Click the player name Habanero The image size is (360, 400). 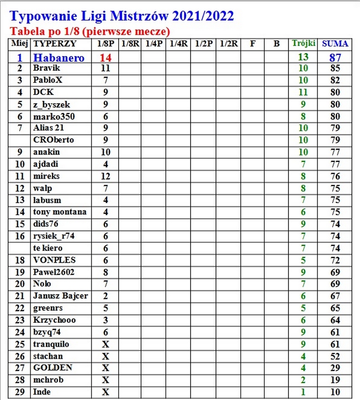[x=59, y=58]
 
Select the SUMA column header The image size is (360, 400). [x=335, y=44]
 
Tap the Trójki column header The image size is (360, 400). [x=303, y=44]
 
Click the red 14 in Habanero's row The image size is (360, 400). [x=105, y=58]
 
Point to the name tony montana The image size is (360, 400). [x=60, y=212]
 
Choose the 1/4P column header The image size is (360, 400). [x=154, y=44]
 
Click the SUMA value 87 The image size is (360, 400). [x=335, y=58]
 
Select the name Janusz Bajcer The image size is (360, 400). [x=60, y=296]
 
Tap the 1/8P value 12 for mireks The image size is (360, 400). [x=105, y=176]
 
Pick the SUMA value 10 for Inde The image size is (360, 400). [x=335, y=392]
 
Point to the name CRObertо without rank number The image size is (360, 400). [x=54, y=140]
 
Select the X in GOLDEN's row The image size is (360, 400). [x=105, y=368]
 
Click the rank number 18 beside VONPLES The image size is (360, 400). [x=20, y=260]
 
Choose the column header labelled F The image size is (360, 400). [x=252, y=44]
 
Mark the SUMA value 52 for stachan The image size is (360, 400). [x=335, y=356]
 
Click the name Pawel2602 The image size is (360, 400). [x=54, y=272]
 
